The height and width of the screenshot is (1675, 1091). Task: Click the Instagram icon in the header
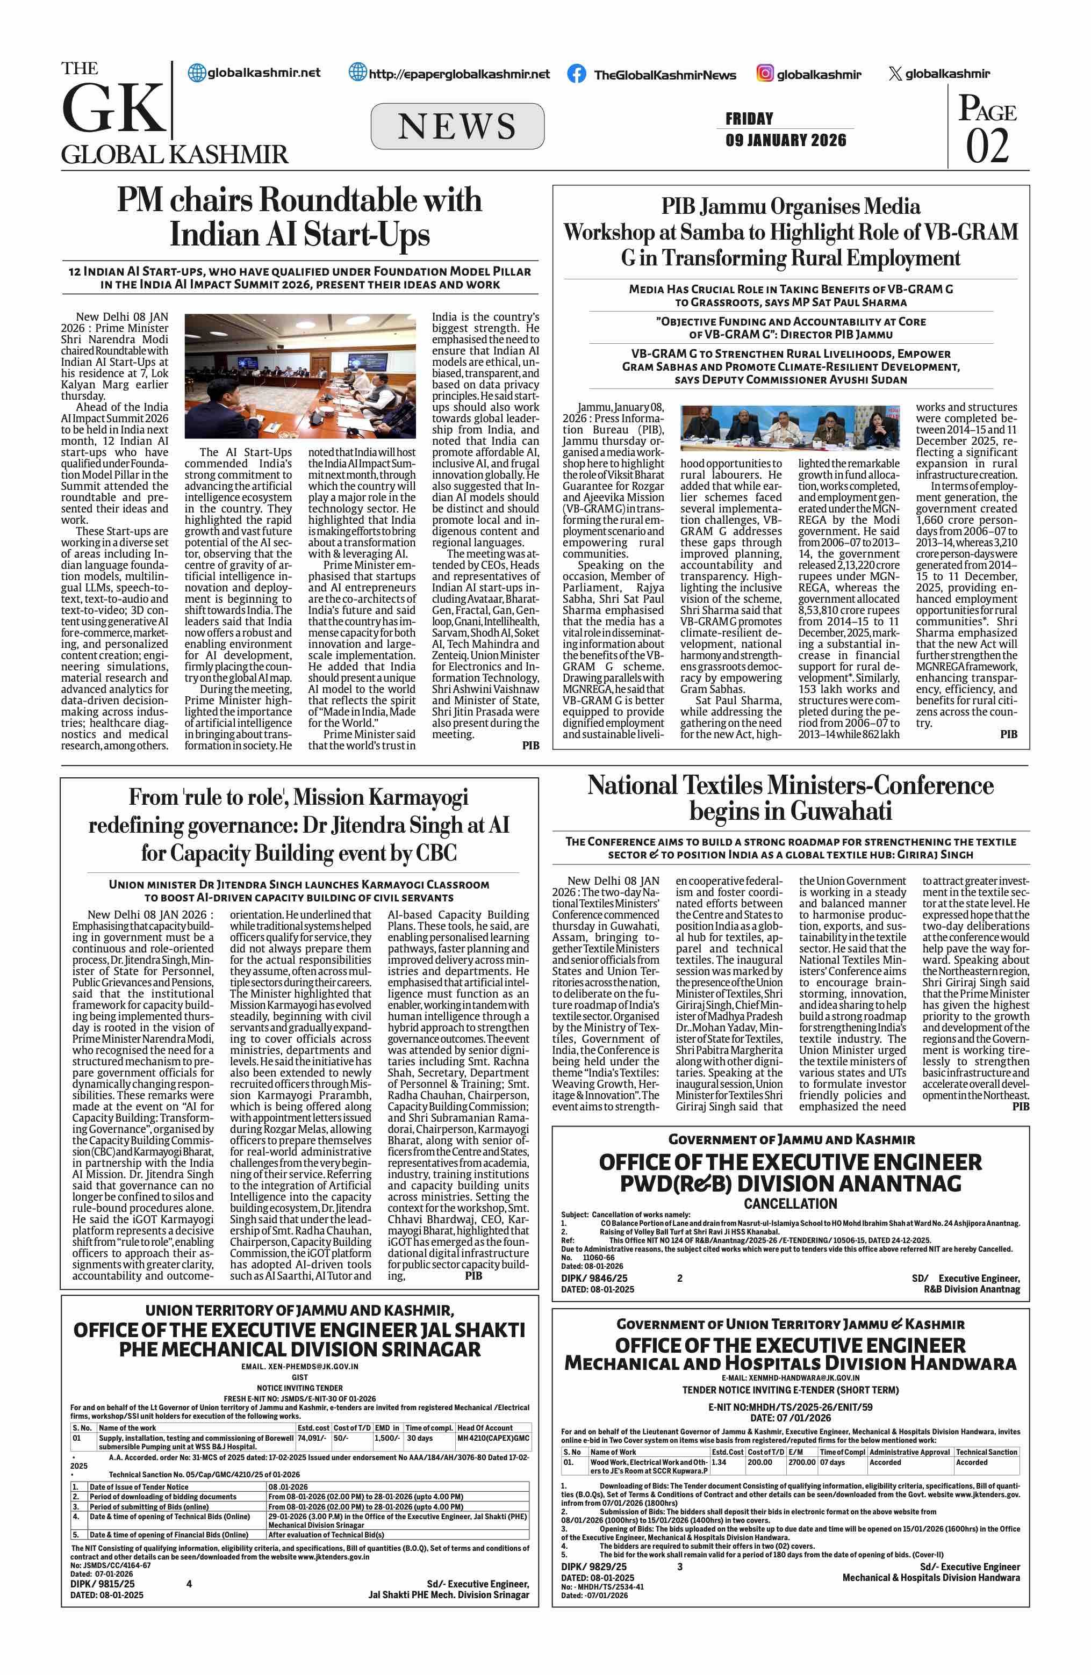pos(764,73)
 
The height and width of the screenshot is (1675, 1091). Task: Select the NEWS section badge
pos(457,127)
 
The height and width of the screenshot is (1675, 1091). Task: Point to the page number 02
pos(987,146)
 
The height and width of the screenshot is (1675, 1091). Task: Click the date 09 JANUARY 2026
pos(786,140)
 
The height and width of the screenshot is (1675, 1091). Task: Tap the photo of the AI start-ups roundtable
pos(300,377)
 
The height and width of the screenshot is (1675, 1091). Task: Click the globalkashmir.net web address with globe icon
pos(254,73)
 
